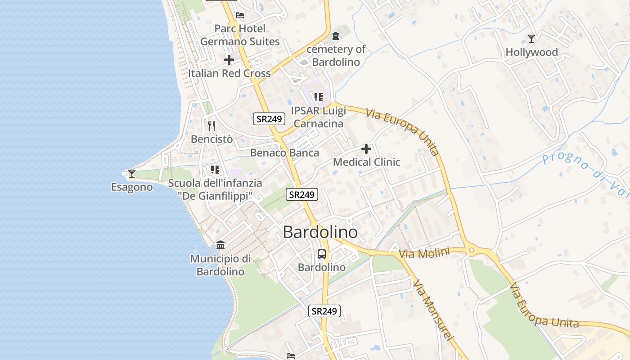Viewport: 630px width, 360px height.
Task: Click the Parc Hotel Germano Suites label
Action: (240, 35)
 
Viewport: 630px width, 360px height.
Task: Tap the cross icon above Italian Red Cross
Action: (229, 59)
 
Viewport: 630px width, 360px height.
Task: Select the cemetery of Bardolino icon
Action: (335, 36)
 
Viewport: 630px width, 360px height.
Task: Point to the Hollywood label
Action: (531, 52)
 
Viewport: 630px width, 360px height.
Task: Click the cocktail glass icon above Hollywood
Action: (531, 38)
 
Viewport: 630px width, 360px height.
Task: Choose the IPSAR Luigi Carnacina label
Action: (318, 117)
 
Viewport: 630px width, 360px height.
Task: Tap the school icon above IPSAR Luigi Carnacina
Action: (319, 97)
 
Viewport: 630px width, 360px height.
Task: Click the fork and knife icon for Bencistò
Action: (211, 126)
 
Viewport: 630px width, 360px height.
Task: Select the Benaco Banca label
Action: (284, 153)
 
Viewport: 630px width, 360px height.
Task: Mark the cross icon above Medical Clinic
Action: (366, 148)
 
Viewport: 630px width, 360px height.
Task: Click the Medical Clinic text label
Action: (366, 162)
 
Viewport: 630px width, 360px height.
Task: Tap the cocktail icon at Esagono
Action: (131, 173)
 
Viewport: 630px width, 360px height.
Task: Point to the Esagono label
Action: (132, 187)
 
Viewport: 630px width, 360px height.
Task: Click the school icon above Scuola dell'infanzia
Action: (215, 170)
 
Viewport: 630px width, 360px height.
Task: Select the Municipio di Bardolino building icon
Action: (220, 245)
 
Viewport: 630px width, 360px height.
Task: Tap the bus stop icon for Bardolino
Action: (322, 254)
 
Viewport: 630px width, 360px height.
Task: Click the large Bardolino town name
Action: (320, 232)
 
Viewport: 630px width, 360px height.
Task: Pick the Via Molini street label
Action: (424, 253)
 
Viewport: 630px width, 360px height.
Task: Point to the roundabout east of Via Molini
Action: (471, 251)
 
